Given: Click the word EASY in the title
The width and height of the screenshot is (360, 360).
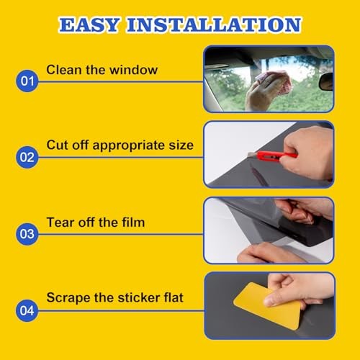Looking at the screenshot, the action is (89, 24).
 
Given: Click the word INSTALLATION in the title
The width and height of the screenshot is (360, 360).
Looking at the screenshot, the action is (214, 24).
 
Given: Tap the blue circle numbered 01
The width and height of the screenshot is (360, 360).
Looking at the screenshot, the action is (27, 81).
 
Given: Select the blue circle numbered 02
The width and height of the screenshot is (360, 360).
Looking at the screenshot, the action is (27, 157).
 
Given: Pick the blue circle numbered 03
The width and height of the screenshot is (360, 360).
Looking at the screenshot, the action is (27, 234).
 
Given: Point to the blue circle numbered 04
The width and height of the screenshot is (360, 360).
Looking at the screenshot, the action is (27, 310).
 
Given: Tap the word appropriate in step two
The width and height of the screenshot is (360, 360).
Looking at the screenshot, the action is (129, 146).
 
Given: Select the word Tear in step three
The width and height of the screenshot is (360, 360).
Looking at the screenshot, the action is (60, 222).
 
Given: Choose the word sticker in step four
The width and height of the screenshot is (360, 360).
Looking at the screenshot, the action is (139, 297).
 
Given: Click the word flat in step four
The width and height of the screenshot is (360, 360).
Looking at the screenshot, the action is (174, 297).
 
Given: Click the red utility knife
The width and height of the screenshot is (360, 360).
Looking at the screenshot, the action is (272, 156).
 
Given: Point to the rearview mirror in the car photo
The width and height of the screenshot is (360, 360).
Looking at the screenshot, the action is (326, 81).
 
